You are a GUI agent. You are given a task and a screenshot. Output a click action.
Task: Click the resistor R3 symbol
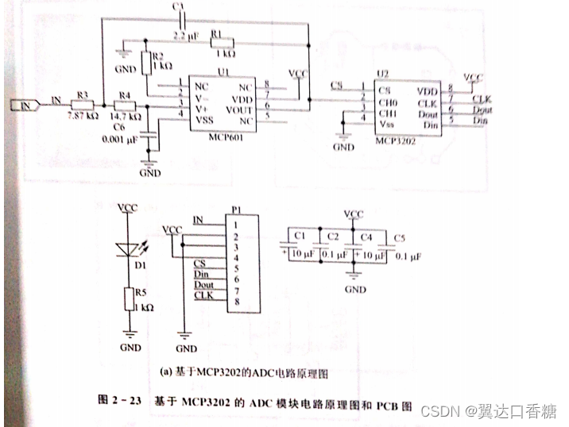(83, 105)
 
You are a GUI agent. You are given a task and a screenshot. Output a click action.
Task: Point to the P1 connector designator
(236, 210)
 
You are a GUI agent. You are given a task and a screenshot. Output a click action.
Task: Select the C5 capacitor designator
(399, 238)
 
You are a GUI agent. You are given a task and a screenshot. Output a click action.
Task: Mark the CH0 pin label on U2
(389, 102)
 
